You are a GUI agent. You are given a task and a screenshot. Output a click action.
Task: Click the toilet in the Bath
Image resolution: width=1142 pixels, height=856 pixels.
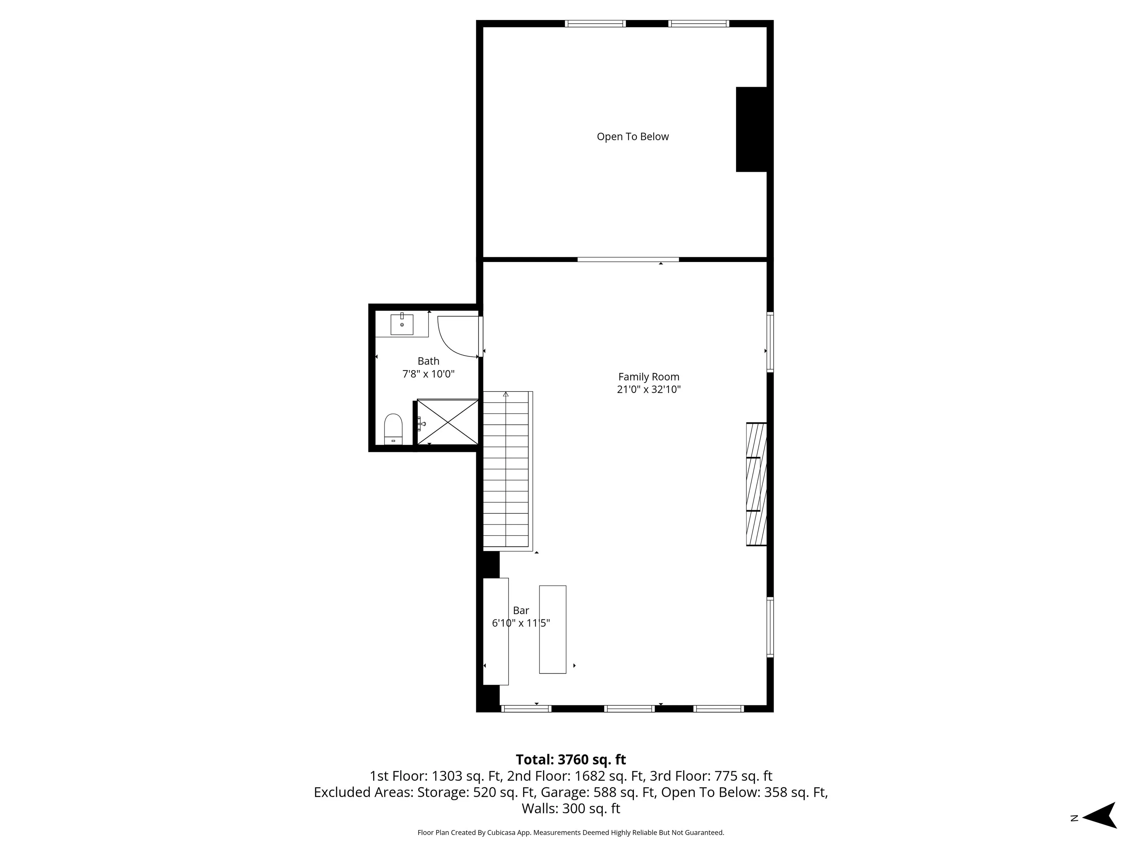[x=393, y=428]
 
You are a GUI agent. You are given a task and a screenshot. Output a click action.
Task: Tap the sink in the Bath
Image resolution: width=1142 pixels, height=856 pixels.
[x=401, y=324]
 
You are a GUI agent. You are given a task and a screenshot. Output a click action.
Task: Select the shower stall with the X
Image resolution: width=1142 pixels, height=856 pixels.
[x=448, y=422]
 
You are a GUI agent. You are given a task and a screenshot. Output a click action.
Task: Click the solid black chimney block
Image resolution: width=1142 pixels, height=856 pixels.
[x=751, y=129]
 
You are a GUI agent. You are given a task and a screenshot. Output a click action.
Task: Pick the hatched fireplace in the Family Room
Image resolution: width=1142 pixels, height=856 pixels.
[x=757, y=484]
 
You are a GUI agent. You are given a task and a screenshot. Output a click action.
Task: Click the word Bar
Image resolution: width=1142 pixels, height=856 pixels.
[x=521, y=610]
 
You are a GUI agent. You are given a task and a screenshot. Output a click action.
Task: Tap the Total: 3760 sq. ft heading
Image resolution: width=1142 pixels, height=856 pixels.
[x=571, y=759]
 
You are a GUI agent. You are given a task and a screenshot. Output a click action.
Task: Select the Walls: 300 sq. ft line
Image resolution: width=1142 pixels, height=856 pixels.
[x=571, y=808]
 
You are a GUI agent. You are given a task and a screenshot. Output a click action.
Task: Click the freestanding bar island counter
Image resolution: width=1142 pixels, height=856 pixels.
[x=552, y=629]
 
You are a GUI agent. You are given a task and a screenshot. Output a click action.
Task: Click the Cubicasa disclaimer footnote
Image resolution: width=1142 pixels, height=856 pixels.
[x=571, y=832]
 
